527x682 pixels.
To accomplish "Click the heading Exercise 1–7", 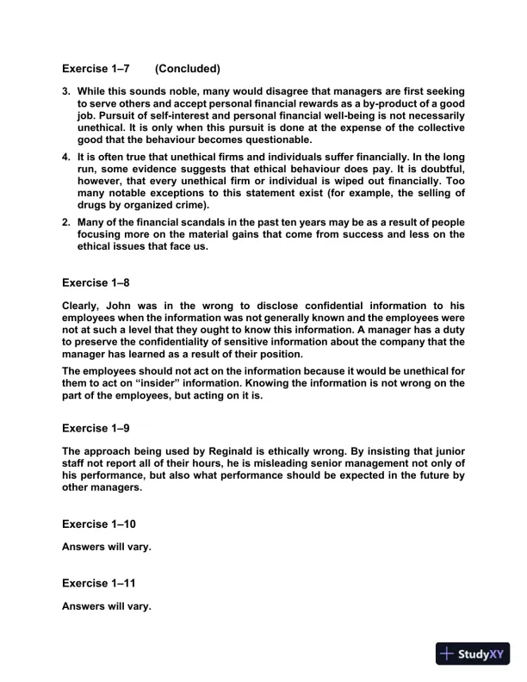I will (96, 68).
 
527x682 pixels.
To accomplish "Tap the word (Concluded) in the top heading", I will (188, 68).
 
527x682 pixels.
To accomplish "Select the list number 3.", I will (66, 90).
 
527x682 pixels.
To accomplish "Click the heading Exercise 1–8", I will (96, 282).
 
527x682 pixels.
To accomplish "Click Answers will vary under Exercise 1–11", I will (107, 606).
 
